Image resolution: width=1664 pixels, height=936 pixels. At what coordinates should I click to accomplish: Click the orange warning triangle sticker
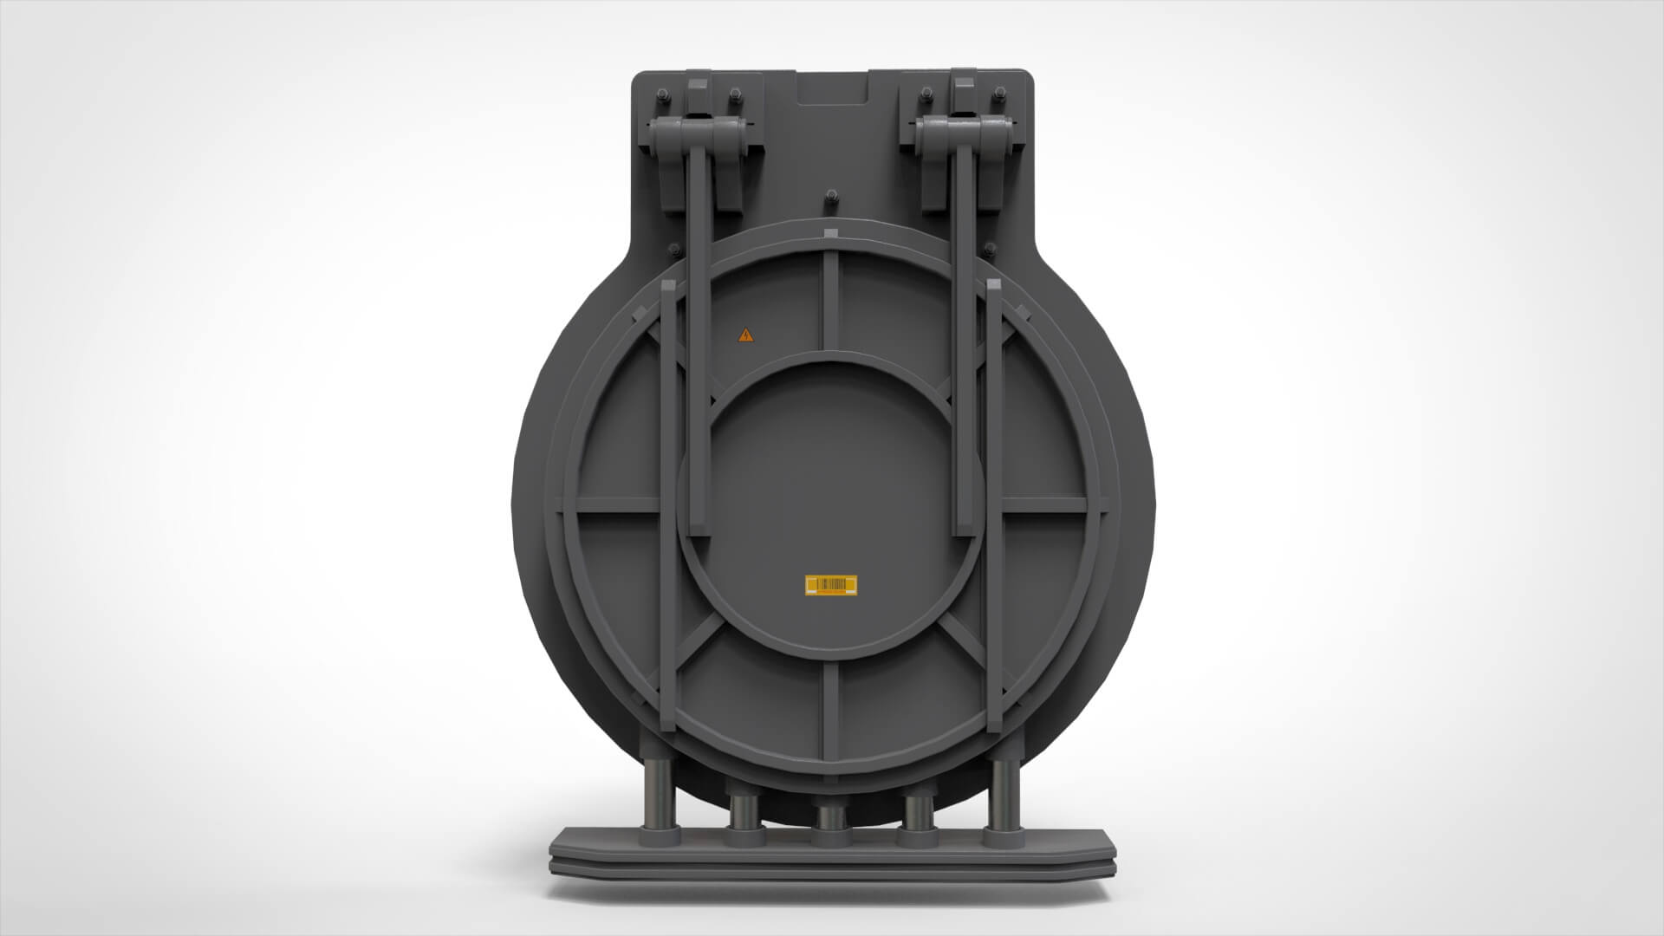coord(745,335)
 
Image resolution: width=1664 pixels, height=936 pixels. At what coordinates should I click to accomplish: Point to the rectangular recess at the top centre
coord(831,88)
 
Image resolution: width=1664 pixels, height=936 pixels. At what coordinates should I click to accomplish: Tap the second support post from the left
coord(744,819)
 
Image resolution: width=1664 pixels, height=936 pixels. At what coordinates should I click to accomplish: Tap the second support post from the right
coord(918,819)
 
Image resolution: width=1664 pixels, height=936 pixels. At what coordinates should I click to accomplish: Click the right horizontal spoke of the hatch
coord(1044,504)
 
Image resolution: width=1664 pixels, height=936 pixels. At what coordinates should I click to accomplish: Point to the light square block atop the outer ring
coord(831,234)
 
